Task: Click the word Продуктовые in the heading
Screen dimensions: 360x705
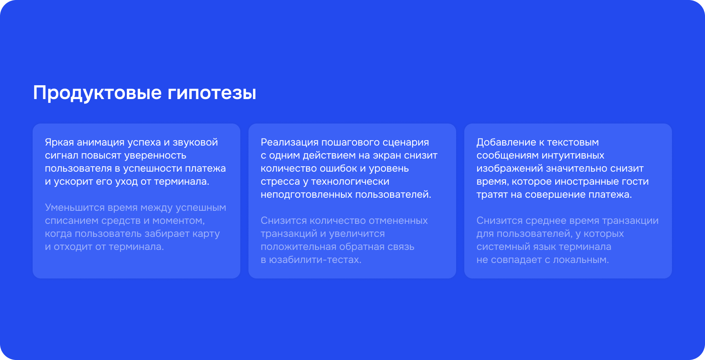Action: (x=98, y=93)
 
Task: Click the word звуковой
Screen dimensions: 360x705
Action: (x=195, y=142)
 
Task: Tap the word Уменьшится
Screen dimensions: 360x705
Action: (x=75, y=208)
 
